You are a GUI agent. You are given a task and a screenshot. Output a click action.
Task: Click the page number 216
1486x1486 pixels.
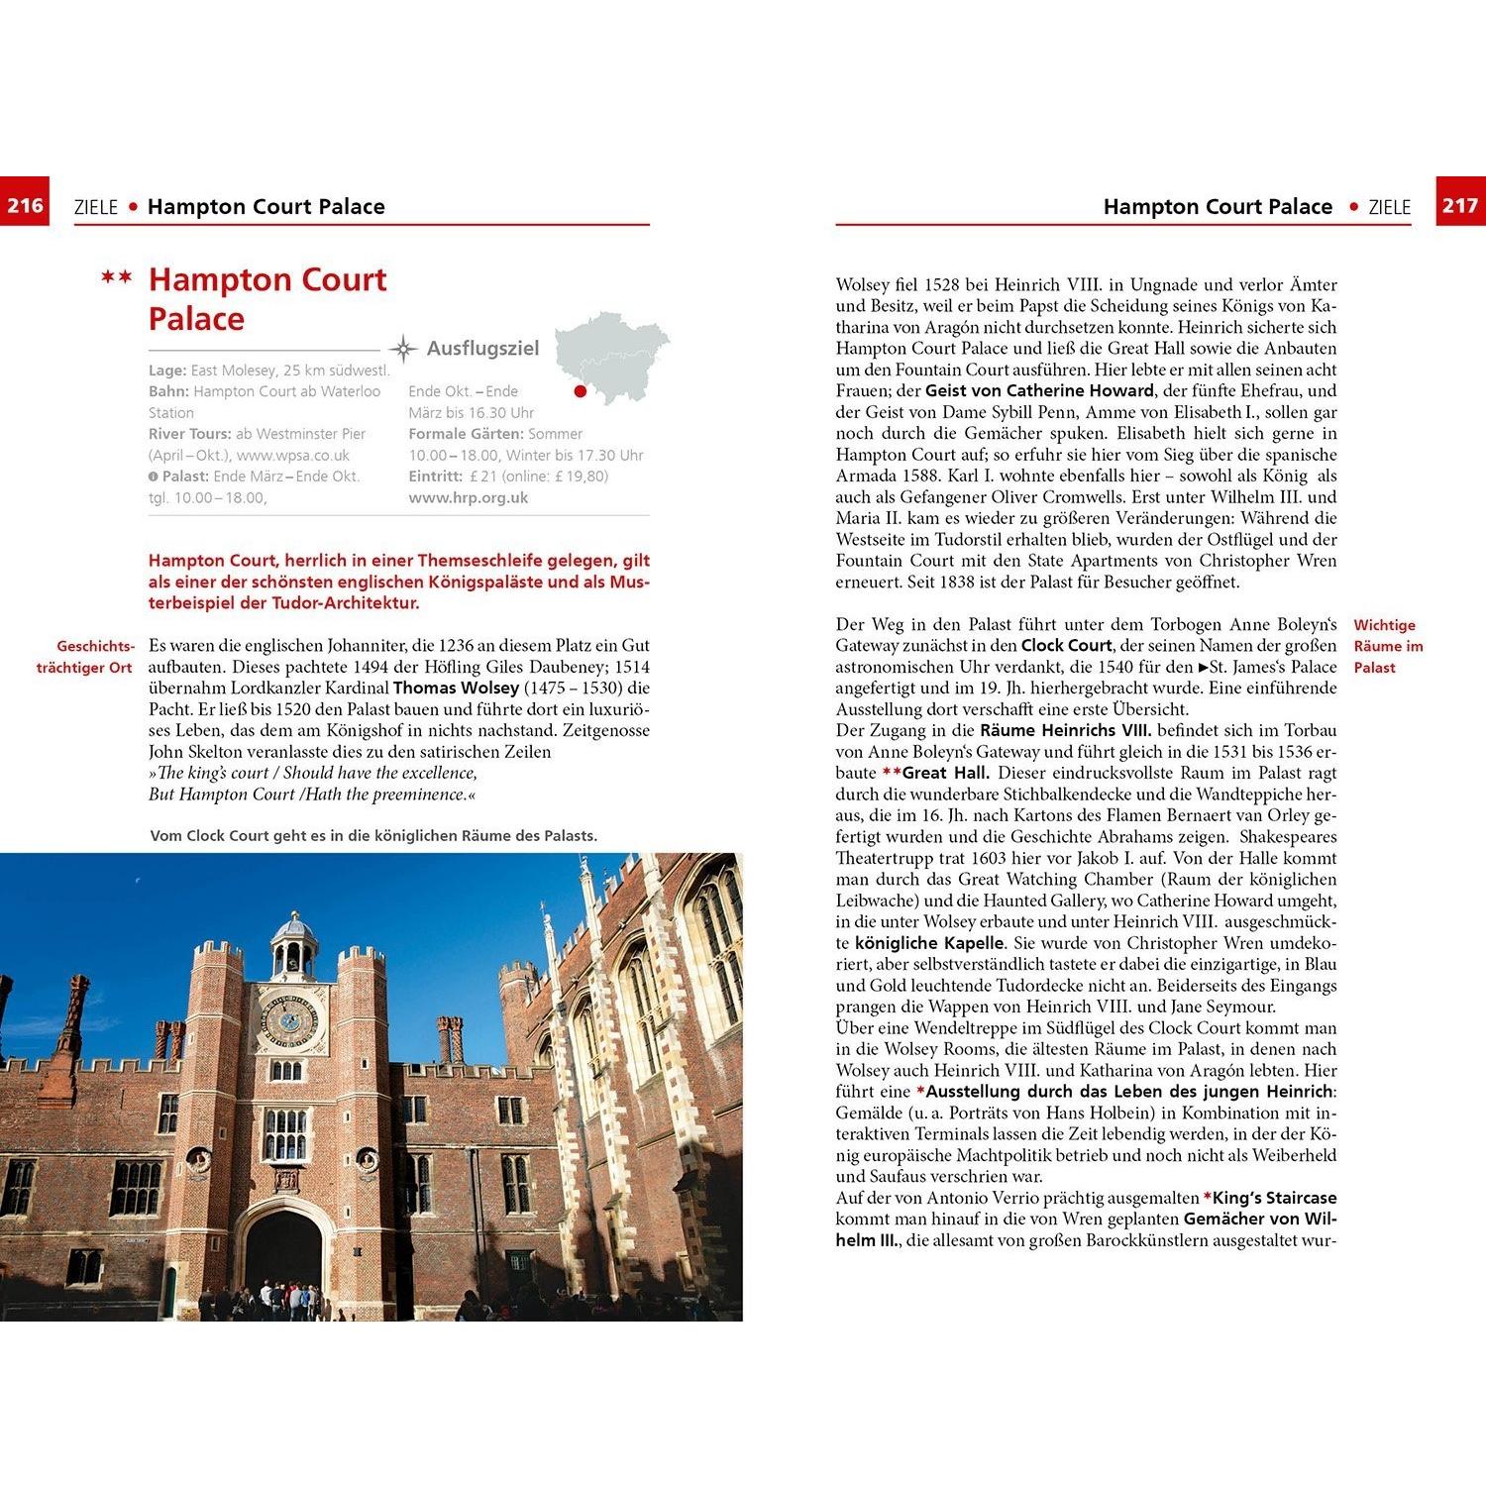(x=25, y=205)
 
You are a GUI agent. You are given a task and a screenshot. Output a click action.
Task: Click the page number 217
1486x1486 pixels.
(x=1460, y=205)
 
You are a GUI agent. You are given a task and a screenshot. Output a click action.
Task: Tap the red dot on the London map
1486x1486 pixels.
(x=581, y=391)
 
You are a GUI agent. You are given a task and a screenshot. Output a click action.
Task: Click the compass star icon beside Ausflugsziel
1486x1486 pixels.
(x=403, y=349)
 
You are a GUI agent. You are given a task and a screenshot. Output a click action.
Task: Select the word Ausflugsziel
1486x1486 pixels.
(x=482, y=349)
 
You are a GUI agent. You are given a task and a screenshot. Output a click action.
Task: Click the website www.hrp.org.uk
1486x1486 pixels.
(x=469, y=498)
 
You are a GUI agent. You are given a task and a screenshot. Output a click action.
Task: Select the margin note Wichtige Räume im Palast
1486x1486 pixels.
(x=1387, y=646)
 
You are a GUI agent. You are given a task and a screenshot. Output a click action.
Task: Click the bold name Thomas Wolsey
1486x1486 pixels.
(x=456, y=688)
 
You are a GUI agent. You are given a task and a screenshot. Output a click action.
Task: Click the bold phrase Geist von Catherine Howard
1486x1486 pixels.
(x=1039, y=391)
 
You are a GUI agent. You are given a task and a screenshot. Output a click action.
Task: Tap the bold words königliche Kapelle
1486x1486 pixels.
(x=929, y=943)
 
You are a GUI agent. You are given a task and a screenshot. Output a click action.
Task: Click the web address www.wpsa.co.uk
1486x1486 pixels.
(x=293, y=456)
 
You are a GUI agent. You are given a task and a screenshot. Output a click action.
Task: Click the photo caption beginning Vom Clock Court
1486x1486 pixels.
(x=373, y=836)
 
